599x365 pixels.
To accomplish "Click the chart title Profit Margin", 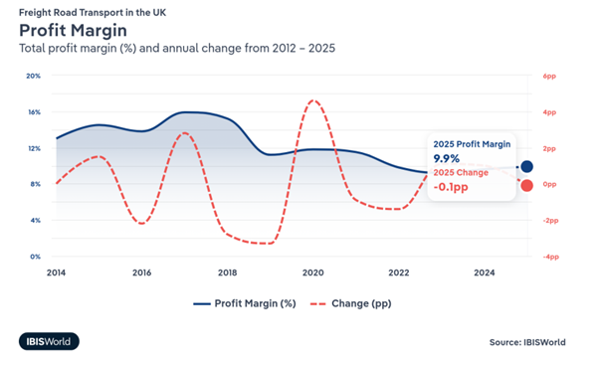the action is (73, 31).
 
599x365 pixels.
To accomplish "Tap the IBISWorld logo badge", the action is (49, 341).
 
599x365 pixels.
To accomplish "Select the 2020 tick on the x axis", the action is (313, 273).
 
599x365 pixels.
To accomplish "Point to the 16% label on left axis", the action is (34, 112).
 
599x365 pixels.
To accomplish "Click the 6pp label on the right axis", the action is (549, 76).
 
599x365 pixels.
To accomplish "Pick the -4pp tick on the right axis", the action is (551, 257).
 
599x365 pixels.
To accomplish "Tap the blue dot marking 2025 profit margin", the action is (526, 166).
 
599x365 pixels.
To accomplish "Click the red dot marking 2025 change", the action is (526, 186).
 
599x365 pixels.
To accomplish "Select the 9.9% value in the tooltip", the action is (446, 158).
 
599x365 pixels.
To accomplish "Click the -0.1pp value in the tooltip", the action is (451, 187).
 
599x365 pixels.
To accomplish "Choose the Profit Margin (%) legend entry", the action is (245, 303).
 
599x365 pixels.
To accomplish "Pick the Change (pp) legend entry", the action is (350, 303).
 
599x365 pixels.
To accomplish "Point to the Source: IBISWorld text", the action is (527, 342).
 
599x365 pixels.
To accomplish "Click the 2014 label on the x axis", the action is (56, 273).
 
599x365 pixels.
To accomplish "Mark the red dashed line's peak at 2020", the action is (313, 100).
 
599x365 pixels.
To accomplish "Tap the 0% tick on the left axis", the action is (35, 257).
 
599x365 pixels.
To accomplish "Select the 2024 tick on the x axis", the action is (485, 273).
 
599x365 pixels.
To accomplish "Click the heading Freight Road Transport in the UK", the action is (93, 13).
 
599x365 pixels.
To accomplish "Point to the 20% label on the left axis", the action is (33, 76).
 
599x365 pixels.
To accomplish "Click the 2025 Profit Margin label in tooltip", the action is (472, 144).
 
